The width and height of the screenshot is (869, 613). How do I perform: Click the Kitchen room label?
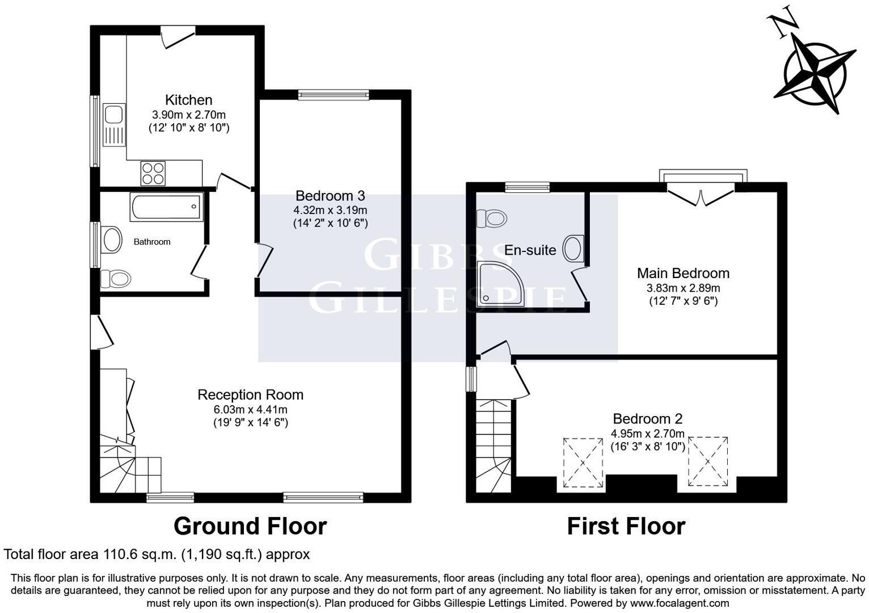click(188, 100)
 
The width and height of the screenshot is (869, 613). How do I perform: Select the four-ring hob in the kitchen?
click(153, 173)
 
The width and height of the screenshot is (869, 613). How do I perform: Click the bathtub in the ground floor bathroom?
click(166, 207)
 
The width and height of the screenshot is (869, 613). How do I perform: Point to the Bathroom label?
click(152, 242)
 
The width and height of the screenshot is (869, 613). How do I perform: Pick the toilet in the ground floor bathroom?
click(115, 279)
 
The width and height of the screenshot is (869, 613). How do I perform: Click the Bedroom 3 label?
click(330, 196)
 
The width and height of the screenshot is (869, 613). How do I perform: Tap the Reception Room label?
click(250, 394)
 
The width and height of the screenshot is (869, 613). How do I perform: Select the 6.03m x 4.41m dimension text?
click(250, 409)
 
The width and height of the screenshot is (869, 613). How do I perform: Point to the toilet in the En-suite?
click(491, 218)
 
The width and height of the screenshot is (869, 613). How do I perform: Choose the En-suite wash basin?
click(573, 249)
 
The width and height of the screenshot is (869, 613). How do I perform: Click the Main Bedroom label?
click(683, 273)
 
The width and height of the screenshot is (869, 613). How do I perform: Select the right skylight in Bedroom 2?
click(708, 461)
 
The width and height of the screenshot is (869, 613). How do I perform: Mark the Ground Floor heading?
click(250, 526)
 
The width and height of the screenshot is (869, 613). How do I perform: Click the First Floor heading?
click(626, 526)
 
